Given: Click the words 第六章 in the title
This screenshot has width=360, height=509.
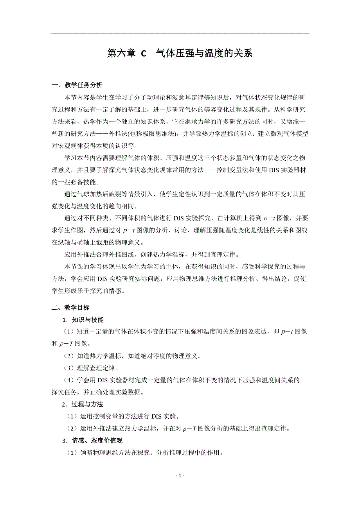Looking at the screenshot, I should click(121, 54).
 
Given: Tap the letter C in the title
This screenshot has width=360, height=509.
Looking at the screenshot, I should click(143, 54).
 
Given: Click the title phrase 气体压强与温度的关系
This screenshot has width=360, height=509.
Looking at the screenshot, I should click(204, 54).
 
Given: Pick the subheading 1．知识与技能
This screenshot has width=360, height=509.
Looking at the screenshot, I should click(83, 320).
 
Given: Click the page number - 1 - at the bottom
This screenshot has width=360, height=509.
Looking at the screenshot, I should click(180, 475).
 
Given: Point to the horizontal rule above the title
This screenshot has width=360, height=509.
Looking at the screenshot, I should click(180, 33).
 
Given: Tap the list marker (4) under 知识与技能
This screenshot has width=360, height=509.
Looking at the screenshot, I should click(69, 380).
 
